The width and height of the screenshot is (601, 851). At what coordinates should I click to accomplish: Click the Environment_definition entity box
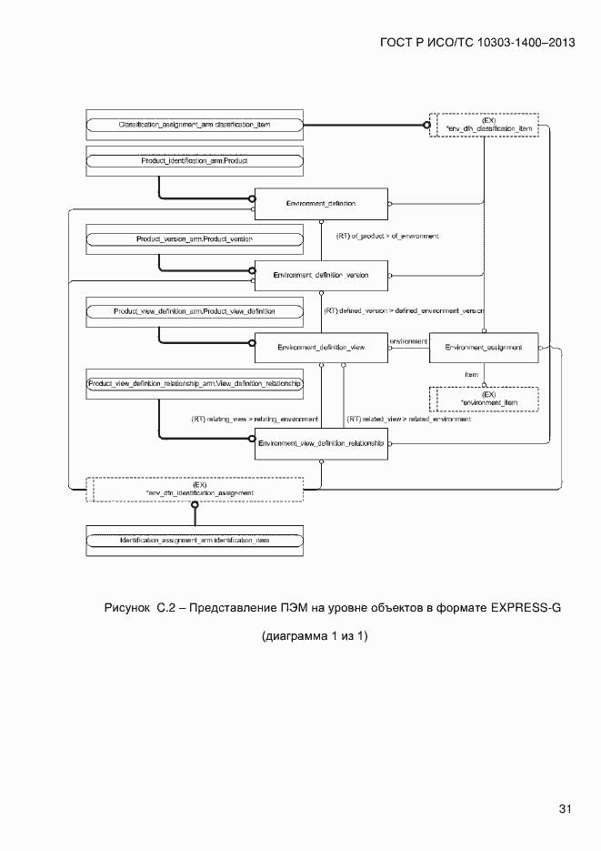click(320, 203)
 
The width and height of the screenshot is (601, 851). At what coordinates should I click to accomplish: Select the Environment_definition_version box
click(320, 274)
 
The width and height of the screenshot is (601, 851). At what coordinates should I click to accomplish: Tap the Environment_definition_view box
click(320, 347)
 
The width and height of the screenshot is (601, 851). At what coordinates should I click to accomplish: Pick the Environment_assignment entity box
click(484, 347)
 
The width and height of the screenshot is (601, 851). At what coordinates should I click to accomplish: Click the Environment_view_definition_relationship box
click(320, 442)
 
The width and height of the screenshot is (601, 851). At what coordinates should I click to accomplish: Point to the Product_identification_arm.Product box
click(195, 160)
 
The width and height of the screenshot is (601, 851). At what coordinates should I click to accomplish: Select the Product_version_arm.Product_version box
click(195, 238)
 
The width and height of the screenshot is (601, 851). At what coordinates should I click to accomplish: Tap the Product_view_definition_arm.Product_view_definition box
click(195, 311)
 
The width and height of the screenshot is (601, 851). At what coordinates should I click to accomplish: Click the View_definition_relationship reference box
click(195, 384)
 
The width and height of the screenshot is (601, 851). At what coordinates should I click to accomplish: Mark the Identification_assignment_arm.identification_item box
click(195, 541)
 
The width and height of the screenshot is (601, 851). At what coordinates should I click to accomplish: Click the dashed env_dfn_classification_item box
click(488, 125)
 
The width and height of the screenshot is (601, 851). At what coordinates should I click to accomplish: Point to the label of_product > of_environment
click(387, 237)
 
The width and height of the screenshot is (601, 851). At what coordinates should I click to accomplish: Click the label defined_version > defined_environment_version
click(404, 310)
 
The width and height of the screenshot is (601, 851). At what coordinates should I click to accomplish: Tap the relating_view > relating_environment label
click(254, 420)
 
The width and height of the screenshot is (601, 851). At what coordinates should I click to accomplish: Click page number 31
click(565, 808)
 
